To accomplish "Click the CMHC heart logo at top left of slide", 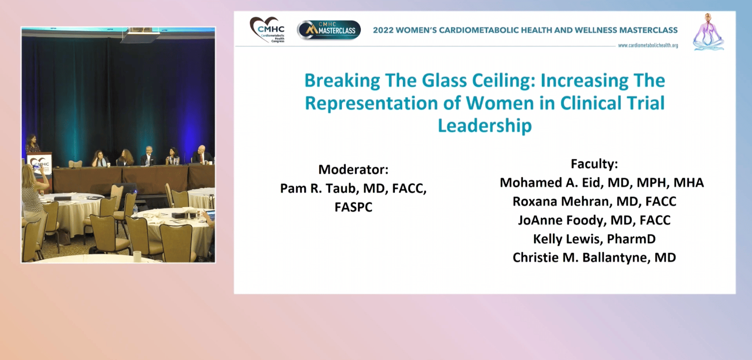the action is (x=267, y=29).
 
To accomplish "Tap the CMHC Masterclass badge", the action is (x=329, y=30).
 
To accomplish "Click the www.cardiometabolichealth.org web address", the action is (x=648, y=45).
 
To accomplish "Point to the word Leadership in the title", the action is (x=485, y=126).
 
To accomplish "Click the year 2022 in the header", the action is (x=383, y=30).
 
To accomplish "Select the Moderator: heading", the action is (x=353, y=169).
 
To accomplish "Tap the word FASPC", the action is (x=353, y=207).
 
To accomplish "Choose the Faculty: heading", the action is (x=594, y=164).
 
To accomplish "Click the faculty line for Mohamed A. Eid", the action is (x=602, y=183).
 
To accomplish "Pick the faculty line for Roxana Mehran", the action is (x=594, y=201).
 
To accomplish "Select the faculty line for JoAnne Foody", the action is (x=594, y=220).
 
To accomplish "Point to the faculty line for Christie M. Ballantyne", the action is (x=594, y=258).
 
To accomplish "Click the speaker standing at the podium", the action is (x=32, y=144).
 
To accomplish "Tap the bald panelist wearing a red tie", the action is (x=202, y=155).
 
